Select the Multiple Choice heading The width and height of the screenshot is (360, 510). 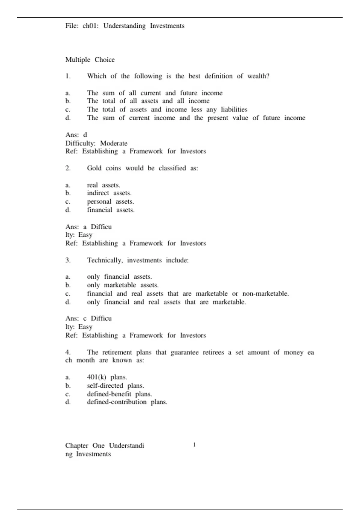(90, 60)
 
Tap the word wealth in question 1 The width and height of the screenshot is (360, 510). (258, 76)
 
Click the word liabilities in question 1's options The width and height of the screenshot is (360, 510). (234, 109)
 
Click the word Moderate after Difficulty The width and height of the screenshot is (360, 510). (114, 143)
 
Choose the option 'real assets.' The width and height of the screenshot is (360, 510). (103, 185)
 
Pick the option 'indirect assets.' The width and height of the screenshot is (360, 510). (109, 193)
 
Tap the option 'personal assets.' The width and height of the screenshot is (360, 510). (110, 202)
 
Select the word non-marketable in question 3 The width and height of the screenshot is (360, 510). (265, 294)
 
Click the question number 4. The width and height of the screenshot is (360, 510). (68, 352)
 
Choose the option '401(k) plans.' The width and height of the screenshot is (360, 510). (107, 377)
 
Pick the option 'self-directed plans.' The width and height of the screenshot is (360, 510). (115, 385)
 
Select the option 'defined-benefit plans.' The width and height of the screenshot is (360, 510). (119, 394)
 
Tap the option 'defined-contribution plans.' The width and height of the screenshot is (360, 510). (127, 402)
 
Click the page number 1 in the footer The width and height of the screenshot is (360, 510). (194, 445)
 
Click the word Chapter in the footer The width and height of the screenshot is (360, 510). (77, 445)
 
